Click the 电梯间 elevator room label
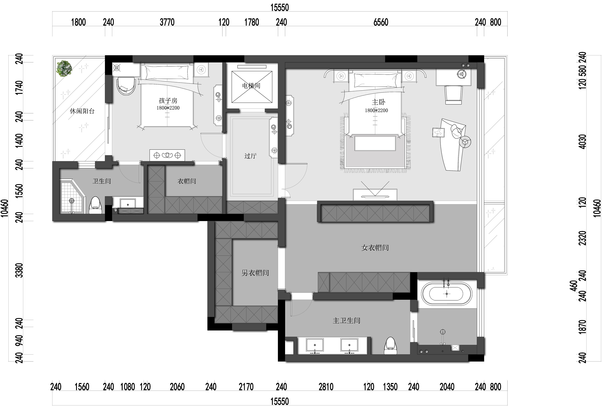point(251,86)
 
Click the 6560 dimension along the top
point(381,22)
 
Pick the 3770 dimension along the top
point(167,22)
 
